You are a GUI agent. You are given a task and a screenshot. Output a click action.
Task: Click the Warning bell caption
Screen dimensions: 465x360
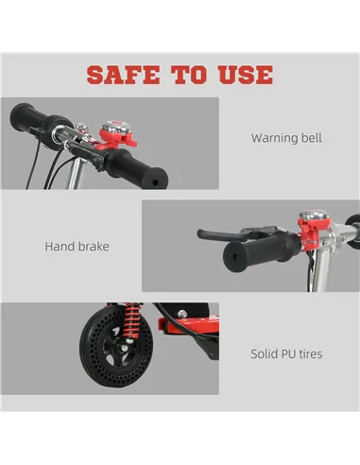coord(286,138)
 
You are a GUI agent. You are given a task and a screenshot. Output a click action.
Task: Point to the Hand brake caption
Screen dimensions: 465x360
coord(77,247)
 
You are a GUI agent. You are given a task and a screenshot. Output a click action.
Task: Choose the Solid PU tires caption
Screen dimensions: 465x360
coord(286,354)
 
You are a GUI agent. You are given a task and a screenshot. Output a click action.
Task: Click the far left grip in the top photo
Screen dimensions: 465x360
coord(35,121)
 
